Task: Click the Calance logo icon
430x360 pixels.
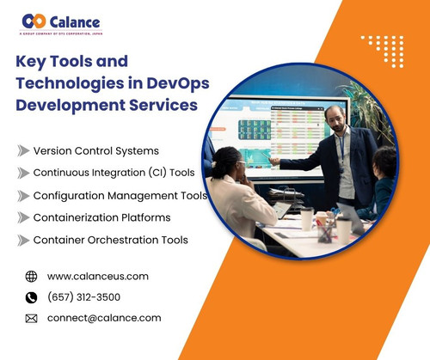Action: [x=34, y=21]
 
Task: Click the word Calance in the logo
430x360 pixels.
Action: [x=75, y=21]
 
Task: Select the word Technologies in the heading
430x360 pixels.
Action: [x=68, y=83]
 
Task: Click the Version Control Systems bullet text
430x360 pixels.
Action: [x=95, y=150]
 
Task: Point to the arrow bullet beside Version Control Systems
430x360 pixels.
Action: [x=22, y=150]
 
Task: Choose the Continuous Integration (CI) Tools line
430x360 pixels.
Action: [x=114, y=172]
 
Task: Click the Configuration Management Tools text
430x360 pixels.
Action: [x=120, y=195]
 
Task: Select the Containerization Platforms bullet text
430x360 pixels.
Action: [x=101, y=217]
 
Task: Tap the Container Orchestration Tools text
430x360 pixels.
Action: [x=110, y=240]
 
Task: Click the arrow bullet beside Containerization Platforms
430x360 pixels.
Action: [x=22, y=217]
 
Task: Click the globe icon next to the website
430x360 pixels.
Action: [x=32, y=277]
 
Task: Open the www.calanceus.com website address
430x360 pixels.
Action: [x=98, y=277]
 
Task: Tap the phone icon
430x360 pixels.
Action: [x=32, y=297]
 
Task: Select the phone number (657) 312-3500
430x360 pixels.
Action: [x=83, y=297]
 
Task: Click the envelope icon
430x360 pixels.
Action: [x=32, y=318]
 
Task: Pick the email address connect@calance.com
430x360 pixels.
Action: [x=104, y=318]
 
